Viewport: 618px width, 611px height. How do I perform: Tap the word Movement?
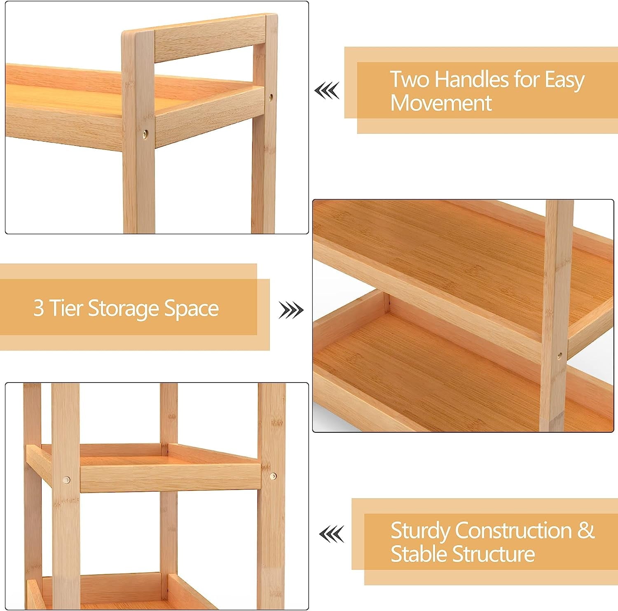[x=441, y=103]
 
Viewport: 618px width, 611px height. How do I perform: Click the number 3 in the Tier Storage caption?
[x=38, y=308]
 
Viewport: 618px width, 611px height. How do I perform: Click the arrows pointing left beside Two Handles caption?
[x=327, y=91]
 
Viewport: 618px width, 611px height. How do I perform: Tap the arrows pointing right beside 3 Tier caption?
[x=291, y=310]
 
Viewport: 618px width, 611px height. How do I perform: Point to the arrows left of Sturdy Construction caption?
[x=332, y=534]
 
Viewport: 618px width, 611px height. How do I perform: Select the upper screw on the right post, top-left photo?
[x=271, y=98]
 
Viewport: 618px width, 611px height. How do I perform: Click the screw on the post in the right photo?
[x=559, y=355]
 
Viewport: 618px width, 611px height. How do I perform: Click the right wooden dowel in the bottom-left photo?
[x=273, y=476]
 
